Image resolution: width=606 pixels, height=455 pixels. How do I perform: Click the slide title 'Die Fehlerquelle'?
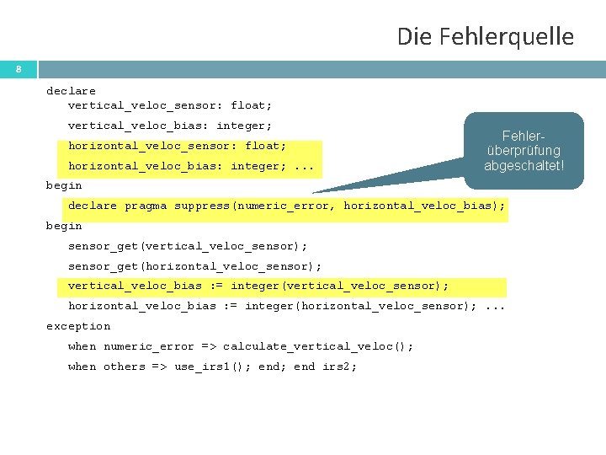[x=485, y=37]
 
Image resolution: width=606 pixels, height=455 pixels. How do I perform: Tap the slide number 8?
[x=19, y=69]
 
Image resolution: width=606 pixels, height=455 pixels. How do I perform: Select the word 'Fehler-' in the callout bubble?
[x=524, y=135]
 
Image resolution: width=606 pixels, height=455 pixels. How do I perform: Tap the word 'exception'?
[x=78, y=327]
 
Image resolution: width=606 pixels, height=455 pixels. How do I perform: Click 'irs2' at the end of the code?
[x=340, y=367]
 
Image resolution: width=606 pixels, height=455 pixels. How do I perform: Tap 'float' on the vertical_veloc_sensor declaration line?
[x=251, y=106]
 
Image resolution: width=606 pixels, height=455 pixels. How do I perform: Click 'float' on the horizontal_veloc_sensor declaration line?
[x=265, y=147]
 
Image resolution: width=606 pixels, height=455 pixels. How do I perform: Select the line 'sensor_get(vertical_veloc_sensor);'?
[x=188, y=247]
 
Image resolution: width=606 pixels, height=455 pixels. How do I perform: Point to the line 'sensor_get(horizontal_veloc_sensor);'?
[x=194, y=267]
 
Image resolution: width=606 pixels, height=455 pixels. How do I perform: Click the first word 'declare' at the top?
[x=71, y=91]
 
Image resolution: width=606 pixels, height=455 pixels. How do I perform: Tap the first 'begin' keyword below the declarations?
[x=64, y=186]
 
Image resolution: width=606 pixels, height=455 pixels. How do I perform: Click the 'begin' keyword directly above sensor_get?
[x=64, y=227]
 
